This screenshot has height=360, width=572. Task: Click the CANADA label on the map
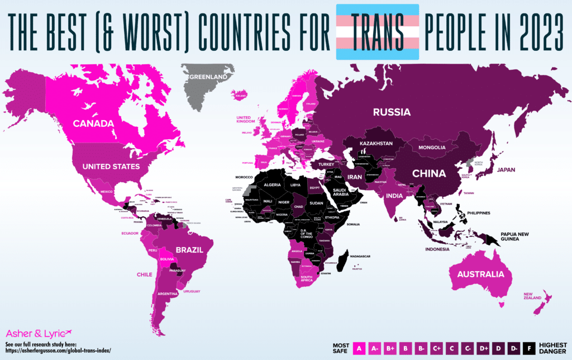click(93, 123)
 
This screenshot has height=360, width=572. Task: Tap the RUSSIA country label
click(392, 112)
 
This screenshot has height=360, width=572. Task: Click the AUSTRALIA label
click(484, 274)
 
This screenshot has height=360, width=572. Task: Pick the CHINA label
click(429, 173)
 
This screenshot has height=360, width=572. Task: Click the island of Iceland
click(241, 94)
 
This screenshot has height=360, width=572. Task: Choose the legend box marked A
click(359, 348)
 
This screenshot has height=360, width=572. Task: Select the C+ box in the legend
click(436, 348)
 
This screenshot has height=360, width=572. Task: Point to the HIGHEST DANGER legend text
click(553, 348)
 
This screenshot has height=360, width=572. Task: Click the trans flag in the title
click(377, 31)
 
